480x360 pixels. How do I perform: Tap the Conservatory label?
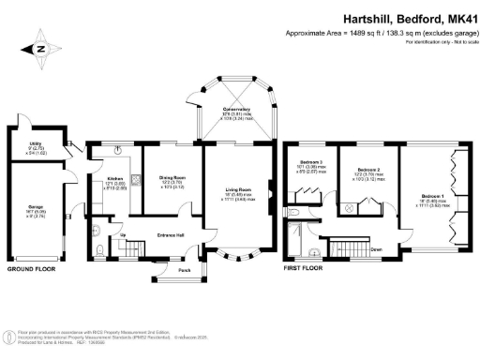click(x=235, y=109)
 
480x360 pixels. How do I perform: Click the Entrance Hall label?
click(x=171, y=234)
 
